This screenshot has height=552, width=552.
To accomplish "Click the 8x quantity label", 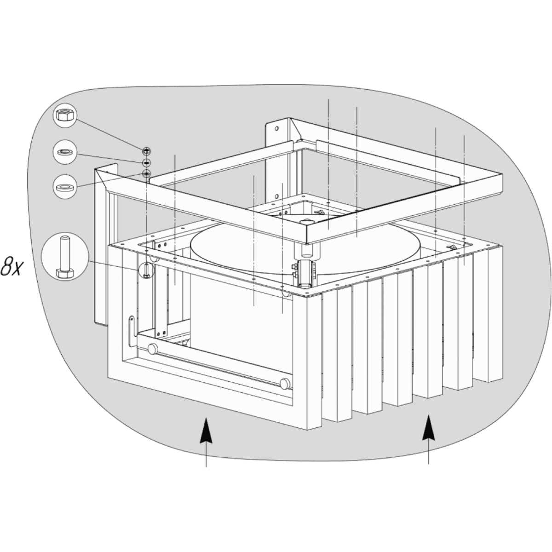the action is tap(11, 266).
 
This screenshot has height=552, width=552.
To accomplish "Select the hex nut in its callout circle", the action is tap(65, 115).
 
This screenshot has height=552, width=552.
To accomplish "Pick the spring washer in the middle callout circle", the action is tap(65, 152).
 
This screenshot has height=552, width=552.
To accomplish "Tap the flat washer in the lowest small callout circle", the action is tap(65, 187).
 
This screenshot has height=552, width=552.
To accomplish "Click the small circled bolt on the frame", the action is tap(146, 270).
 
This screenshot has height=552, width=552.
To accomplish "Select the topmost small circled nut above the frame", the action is tap(146, 151).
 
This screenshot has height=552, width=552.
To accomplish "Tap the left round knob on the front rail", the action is tap(153, 349).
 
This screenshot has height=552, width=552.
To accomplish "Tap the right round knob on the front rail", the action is tap(285, 384).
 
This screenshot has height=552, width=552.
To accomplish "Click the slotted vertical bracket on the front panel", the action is tap(132, 330).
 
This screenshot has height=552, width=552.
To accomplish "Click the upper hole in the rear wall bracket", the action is tap(276, 129).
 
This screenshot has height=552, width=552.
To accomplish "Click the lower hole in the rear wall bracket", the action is tap(277, 196).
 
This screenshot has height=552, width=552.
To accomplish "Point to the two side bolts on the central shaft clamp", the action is tap(295, 270).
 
